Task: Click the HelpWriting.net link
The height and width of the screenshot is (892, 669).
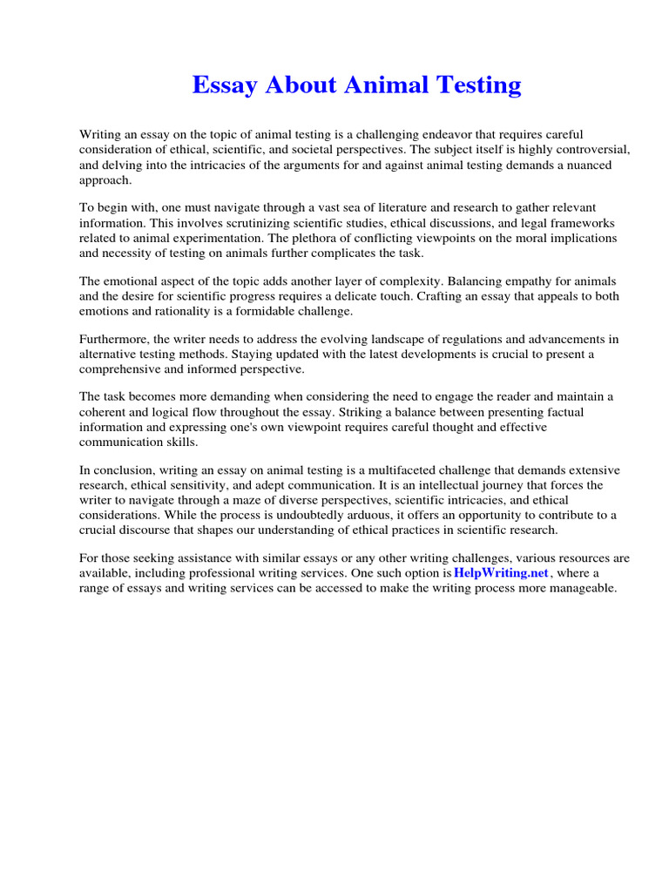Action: pyautogui.click(x=501, y=573)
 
